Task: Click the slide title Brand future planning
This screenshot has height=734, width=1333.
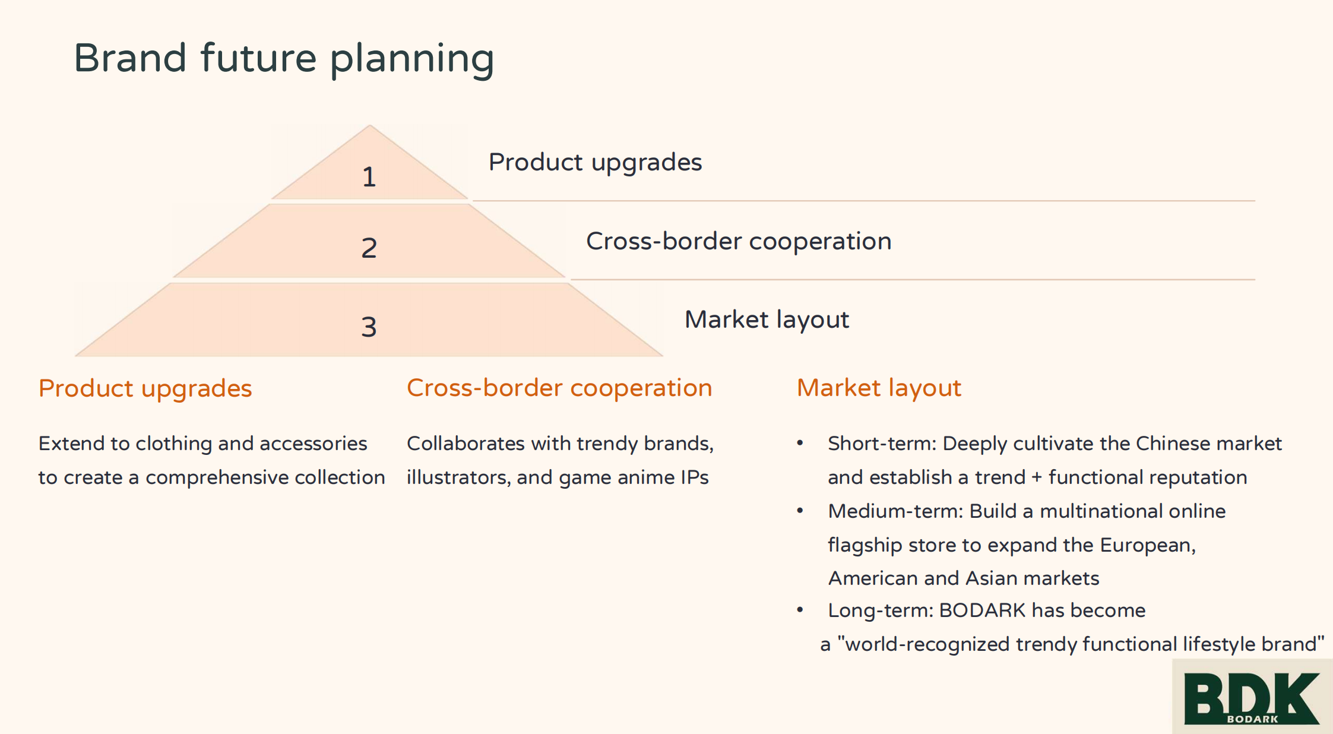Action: pyautogui.click(x=284, y=58)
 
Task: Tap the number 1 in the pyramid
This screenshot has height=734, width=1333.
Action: pyautogui.click(x=369, y=177)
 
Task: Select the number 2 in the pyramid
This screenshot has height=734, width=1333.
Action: pyautogui.click(x=369, y=248)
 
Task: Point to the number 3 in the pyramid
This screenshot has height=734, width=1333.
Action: pyautogui.click(x=369, y=327)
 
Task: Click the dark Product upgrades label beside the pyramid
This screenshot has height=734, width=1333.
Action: pyautogui.click(x=595, y=162)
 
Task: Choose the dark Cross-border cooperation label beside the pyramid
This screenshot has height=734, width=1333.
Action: pyautogui.click(x=739, y=241)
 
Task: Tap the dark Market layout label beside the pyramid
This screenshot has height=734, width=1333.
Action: pyautogui.click(x=767, y=319)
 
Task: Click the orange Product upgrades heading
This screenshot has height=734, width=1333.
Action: pyautogui.click(x=145, y=388)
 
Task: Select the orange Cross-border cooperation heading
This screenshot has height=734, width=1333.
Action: pyautogui.click(x=559, y=388)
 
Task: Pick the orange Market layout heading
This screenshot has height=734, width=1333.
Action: pyautogui.click(x=879, y=388)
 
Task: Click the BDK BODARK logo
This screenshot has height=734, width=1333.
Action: pyautogui.click(x=1251, y=697)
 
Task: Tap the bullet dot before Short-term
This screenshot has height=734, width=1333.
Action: pyautogui.click(x=800, y=443)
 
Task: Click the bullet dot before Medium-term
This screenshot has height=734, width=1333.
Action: pyautogui.click(x=800, y=511)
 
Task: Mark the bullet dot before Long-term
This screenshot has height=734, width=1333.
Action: pyautogui.click(x=800, y=610)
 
